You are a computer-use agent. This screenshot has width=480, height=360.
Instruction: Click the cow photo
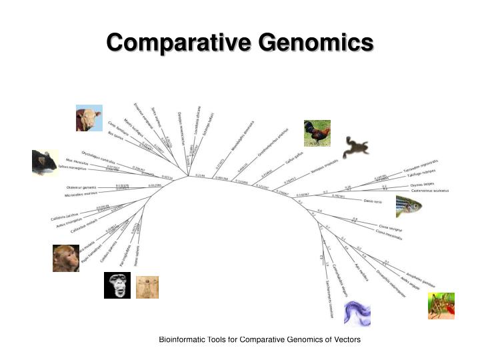89,117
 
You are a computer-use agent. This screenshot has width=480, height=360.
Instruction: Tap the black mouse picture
44,163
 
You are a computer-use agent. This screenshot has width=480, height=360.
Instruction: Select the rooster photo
317,133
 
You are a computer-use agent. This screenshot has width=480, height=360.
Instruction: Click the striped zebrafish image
409,205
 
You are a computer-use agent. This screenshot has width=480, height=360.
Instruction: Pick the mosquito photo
441,305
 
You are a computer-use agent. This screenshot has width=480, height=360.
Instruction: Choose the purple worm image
357,313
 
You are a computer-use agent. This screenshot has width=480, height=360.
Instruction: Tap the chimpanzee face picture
117,285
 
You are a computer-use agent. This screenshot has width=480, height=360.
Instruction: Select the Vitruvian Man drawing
147,287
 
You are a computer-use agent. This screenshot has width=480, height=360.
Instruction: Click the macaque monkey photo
66,258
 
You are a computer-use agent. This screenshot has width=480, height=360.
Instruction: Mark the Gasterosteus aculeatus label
429,191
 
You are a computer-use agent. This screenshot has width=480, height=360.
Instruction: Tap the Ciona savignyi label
392,227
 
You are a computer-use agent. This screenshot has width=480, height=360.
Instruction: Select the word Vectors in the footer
345,340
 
